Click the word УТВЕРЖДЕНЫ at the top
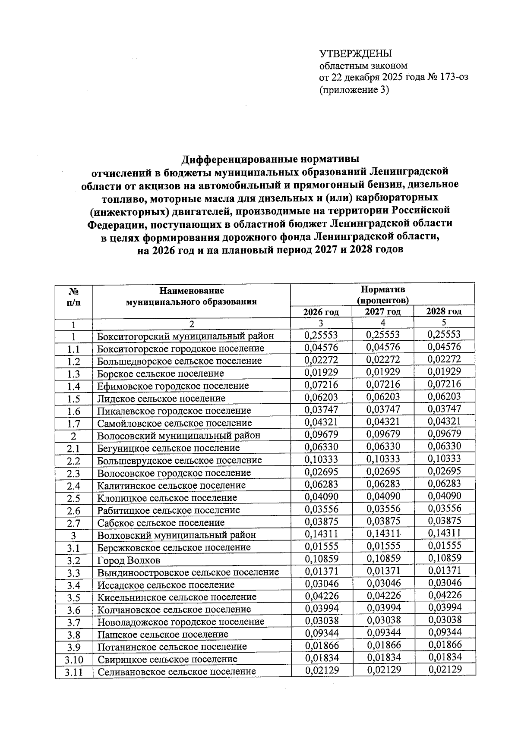(x=355, y=54)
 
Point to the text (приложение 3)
(x=354, y=90)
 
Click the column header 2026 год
(x=321, y=312)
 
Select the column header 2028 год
(x=444, y=311)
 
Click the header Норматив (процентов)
(x=382, y=294)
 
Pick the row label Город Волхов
(x=129, y=560)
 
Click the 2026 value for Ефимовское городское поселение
(x=321, y=385)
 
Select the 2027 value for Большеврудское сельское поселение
(x=383, y=459)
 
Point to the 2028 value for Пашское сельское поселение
(x=445, y=633)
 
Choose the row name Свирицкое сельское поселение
(x=167, y=659)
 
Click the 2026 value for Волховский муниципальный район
(x=322, y=534)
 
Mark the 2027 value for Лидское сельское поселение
(x=383, y=397)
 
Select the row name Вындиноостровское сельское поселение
(x=188, y=573)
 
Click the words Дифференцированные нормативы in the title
(x=270, y=159)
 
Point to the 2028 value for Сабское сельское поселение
(x=445, y=521)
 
